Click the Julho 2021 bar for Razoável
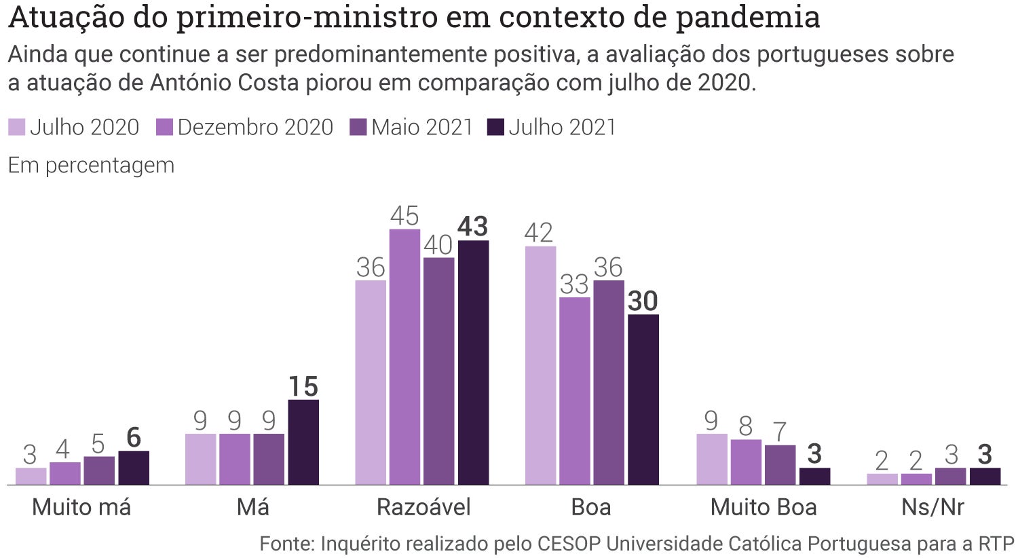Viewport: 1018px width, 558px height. (473, 362)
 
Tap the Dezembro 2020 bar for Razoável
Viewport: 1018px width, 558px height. (404, 357)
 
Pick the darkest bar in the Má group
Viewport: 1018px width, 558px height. (303, 442)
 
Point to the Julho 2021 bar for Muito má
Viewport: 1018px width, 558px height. (134, 468)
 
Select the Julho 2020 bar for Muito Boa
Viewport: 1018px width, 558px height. (712, 459)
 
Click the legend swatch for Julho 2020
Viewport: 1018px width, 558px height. (16, 127)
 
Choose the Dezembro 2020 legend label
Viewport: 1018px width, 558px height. (255, 127)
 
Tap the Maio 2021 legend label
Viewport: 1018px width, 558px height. (421, 127)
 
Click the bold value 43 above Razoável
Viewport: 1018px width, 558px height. (473, 227)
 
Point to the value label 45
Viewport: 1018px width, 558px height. (404, 216)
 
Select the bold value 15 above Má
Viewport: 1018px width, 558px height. (303, 387)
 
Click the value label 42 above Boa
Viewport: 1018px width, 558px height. (540, 233)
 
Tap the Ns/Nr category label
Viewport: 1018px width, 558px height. (932, 507)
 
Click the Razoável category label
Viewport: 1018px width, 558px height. (423, 507)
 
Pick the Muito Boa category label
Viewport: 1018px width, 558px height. (763, 507)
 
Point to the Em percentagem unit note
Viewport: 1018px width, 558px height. (91, 165)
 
